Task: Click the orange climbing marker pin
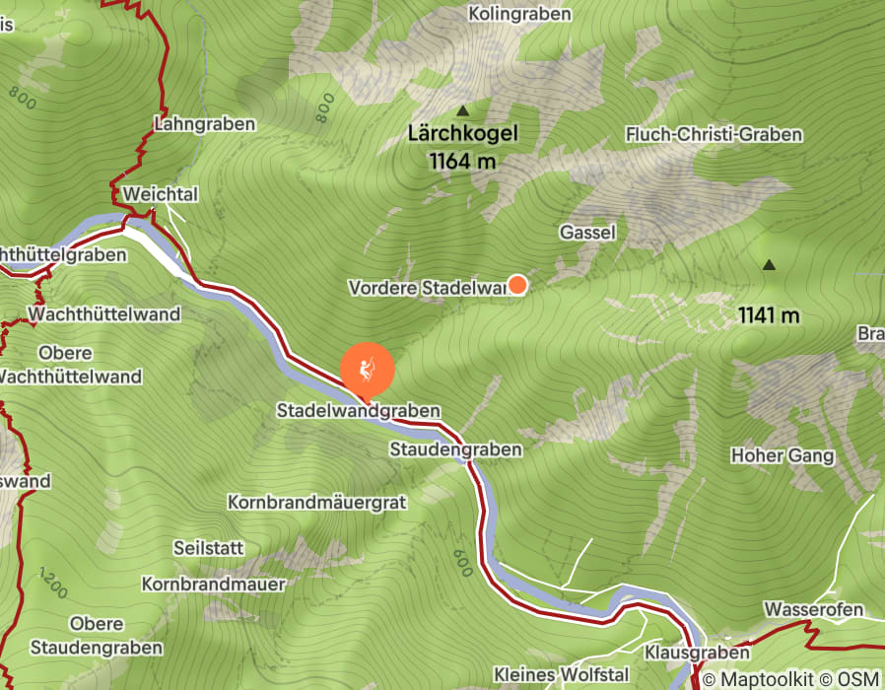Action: tap(368, 371)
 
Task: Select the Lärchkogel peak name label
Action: tap(462, 135)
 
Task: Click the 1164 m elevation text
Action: tap(462, 161)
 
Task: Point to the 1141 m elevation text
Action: tap(768, 315)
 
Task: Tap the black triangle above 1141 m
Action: tap(768, 265)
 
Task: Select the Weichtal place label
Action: tap(161, 193)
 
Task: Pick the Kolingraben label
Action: tap(520, 15)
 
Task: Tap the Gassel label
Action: tap(587, 233)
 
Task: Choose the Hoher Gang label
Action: tap(783, 455)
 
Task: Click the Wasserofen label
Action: tap(814, 609)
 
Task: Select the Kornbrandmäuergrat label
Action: tap(316, 502)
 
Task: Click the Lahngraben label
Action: tap(205, 124)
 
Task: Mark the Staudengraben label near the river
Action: tap(455, 448)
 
